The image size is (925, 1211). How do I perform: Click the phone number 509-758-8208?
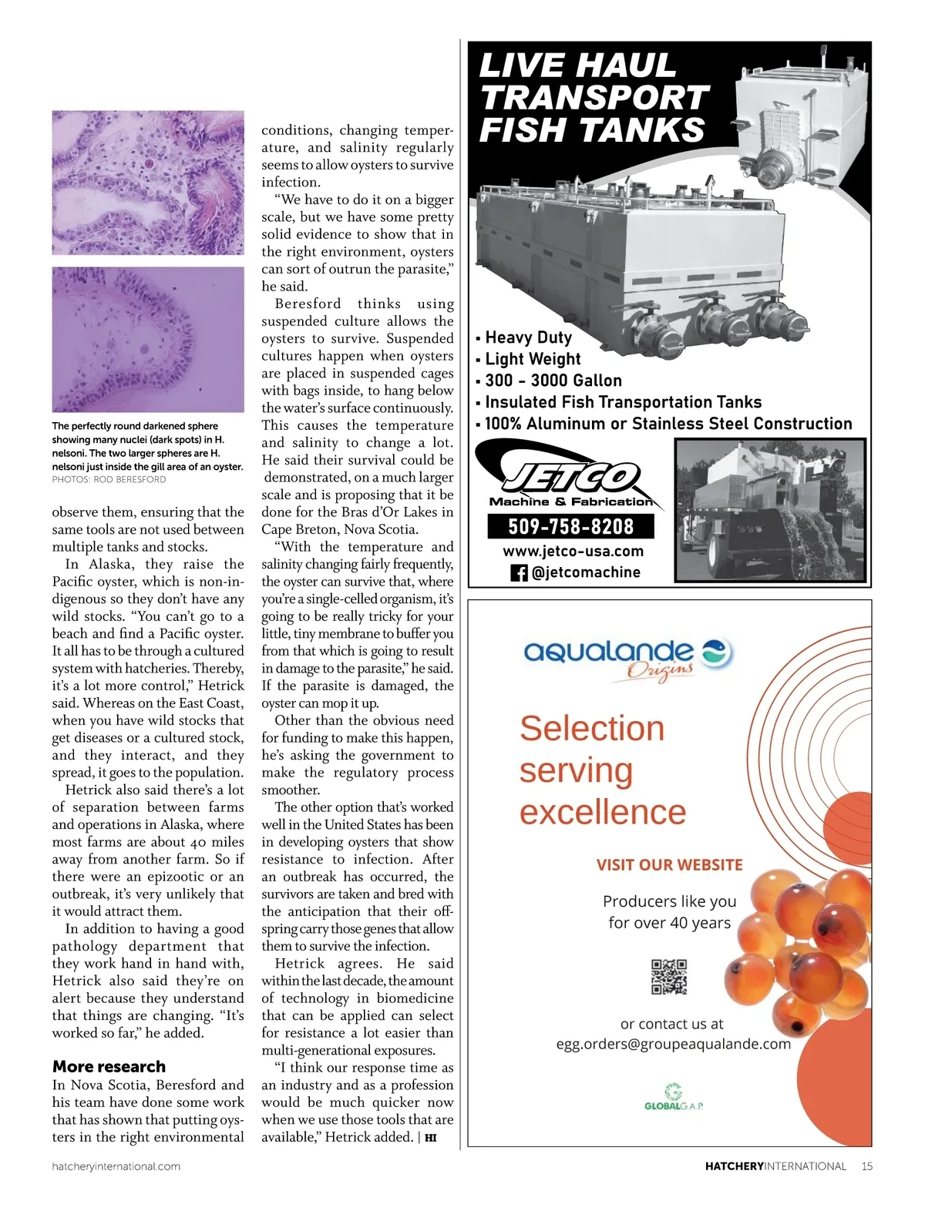pos(570,527)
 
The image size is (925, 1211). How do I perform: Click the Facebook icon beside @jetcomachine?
pos(519,573)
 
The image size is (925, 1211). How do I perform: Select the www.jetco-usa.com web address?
pos(573,551)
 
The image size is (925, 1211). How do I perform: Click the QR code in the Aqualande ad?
pos(668,977)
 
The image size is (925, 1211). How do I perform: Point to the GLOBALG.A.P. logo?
pos(674,1097)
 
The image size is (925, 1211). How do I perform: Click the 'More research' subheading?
pos(109,1066)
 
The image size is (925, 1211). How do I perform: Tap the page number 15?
pos(867,1166)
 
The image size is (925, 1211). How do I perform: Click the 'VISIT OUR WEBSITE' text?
pos(669,864)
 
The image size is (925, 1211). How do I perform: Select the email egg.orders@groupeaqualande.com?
pos(673,1044)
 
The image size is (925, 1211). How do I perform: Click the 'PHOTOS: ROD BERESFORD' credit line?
pos(109,479)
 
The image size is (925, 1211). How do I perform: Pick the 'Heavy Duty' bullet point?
pos(528,337)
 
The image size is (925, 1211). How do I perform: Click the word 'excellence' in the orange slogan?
pos(602,812)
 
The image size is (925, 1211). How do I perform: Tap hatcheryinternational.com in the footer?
pos(116,1166)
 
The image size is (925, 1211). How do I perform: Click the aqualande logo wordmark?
pos(609,652)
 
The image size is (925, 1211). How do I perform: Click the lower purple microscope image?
pos(148,339)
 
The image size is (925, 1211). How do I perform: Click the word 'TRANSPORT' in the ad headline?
pos(594,98)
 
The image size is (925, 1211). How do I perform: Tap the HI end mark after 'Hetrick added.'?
pos(431,1138)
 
